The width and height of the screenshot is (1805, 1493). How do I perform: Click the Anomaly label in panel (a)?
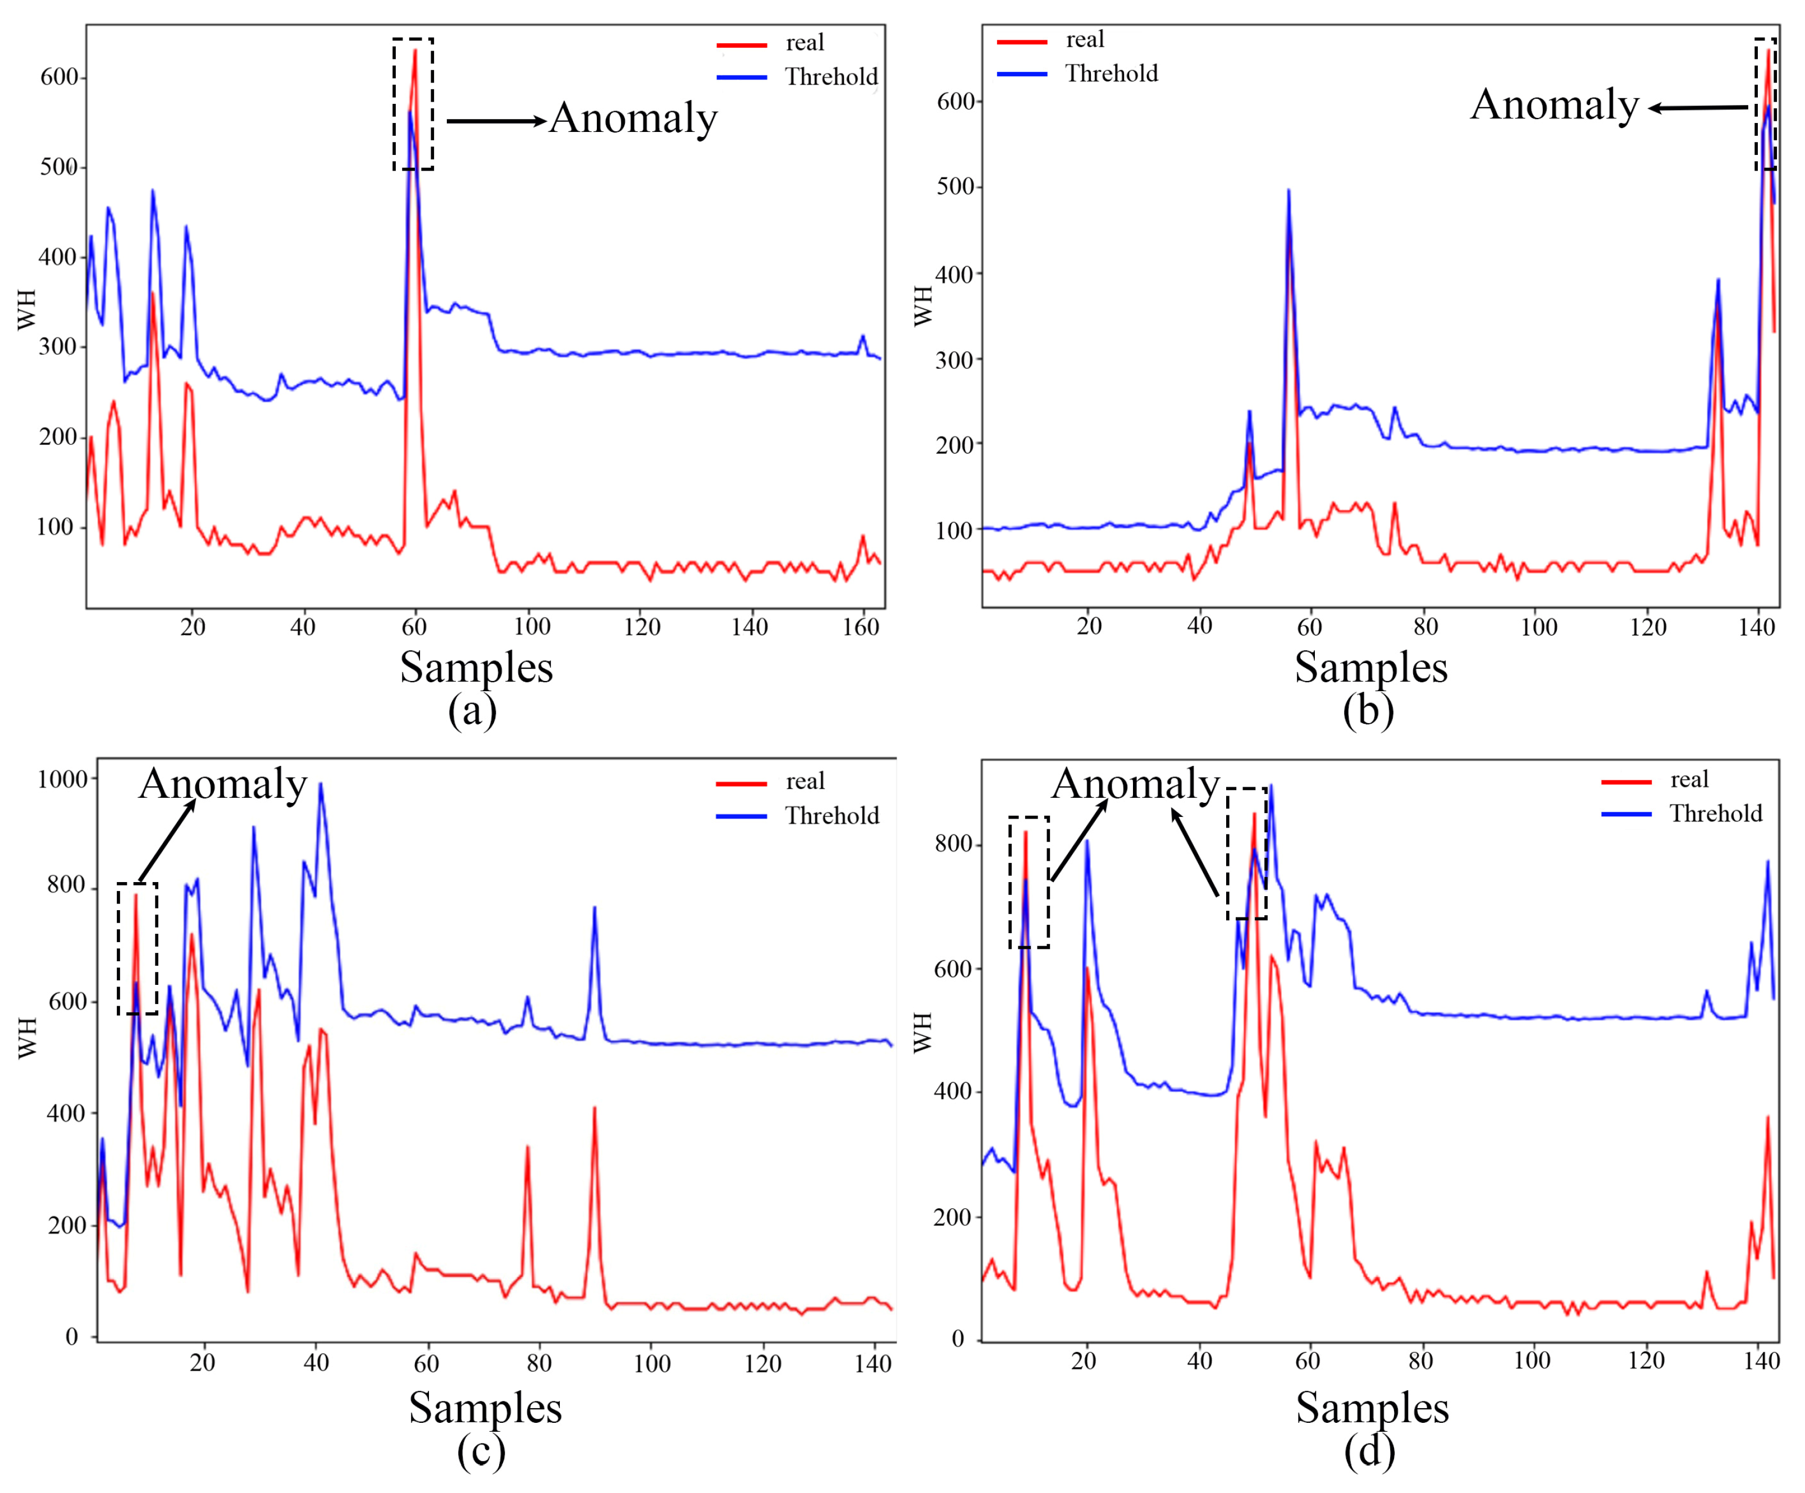633,118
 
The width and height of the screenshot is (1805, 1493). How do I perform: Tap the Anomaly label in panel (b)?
1554,105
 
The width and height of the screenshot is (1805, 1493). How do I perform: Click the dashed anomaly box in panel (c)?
138,948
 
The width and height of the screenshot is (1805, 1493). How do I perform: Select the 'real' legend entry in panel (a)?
803,43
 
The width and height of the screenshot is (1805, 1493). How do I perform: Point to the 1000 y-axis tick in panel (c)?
63,779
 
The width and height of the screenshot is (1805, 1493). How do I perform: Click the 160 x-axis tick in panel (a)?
860,627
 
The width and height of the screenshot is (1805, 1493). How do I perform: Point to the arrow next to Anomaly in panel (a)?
497,121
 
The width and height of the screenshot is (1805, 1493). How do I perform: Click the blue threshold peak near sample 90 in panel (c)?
594,908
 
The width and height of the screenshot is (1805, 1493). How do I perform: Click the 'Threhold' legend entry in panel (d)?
1715,813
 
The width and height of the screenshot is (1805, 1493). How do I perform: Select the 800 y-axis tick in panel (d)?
953,843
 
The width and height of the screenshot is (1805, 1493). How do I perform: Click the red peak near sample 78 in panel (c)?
527,1148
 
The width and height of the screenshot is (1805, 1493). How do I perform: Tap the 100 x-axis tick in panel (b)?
1538,627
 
